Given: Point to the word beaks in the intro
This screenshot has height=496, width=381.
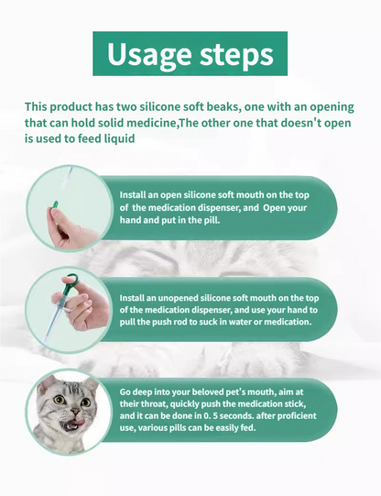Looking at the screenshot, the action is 223,106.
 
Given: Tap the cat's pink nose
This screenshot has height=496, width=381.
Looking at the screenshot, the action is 75,411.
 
